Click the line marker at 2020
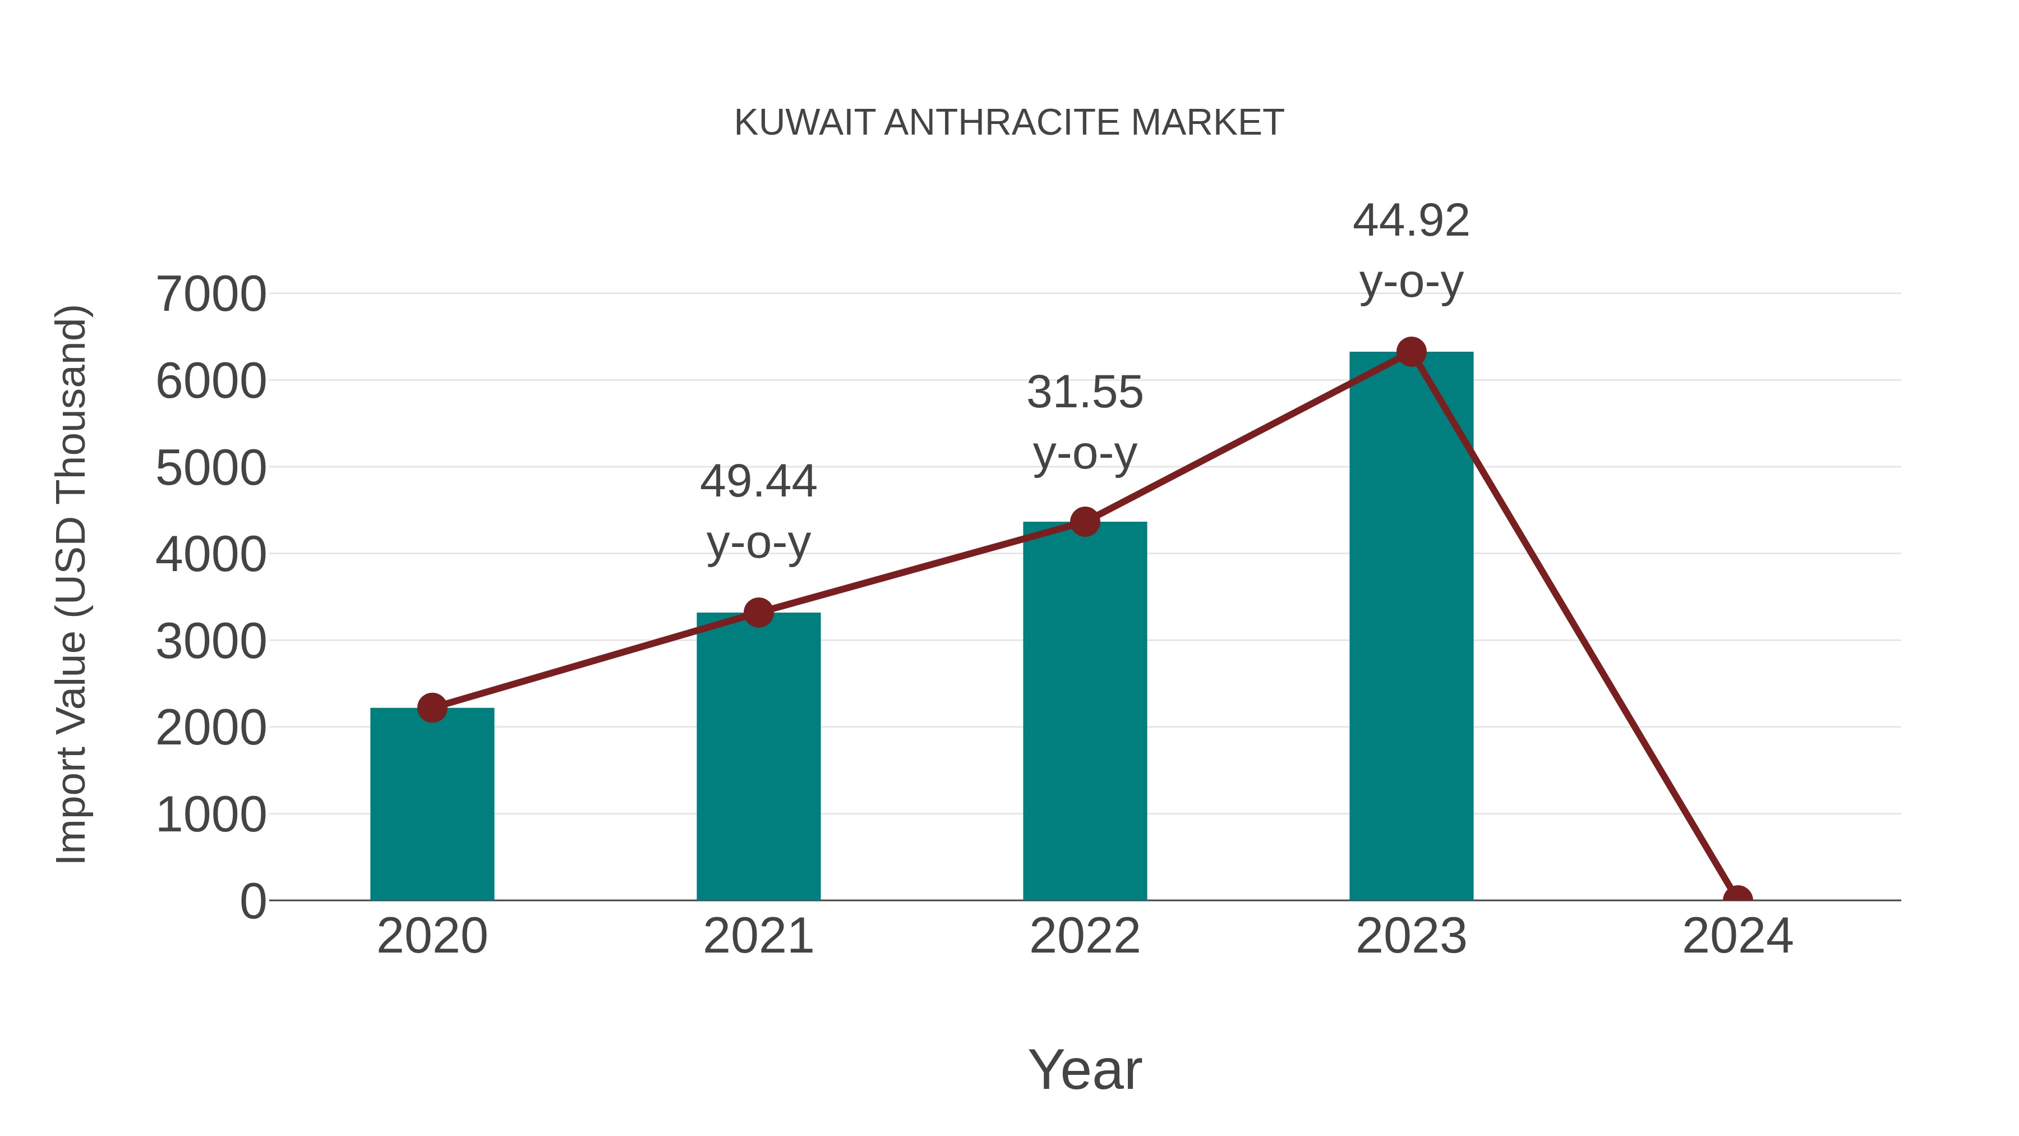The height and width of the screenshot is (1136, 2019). [432, 708]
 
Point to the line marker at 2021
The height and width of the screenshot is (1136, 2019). [758, 612]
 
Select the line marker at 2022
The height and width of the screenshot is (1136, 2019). [1085, 521]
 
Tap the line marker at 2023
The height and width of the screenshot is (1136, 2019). [1411, 352]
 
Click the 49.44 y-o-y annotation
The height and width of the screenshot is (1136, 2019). [758, 512]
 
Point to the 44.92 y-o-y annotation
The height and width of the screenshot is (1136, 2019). [1411, 251]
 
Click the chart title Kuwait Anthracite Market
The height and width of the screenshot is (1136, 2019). [1009, 122]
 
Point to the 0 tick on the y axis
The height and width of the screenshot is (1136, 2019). [252, 901]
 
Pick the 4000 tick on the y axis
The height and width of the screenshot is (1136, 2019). [211, 554]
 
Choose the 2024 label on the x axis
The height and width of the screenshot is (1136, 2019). [1737, 936]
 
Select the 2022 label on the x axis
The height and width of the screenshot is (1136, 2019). [1085, 936]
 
